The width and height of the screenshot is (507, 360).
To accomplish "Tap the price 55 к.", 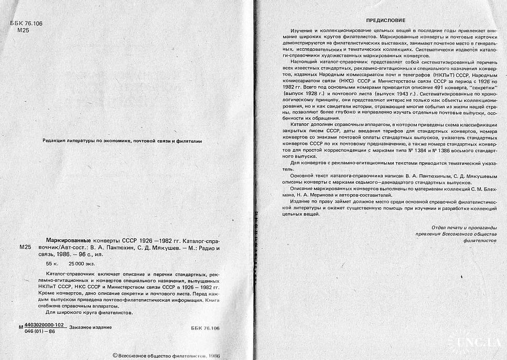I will click(52, 262).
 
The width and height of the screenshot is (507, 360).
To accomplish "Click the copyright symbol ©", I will click(115, 355).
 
